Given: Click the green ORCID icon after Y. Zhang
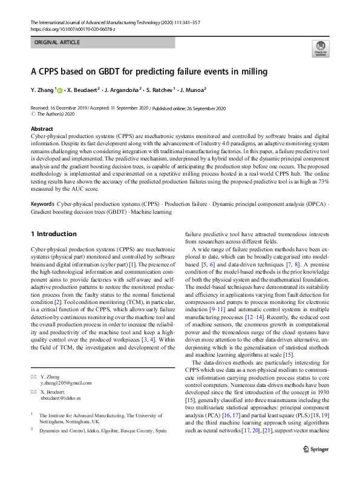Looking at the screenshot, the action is pyautogui.click(x=59, y=90).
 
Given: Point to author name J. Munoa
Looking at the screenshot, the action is pyautogui.click(x=192, y=90).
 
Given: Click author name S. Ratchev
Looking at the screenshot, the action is pyautogui.click(x=160, y=90).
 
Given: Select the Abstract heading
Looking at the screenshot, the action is pyautogui.click(x=43, y=129).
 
